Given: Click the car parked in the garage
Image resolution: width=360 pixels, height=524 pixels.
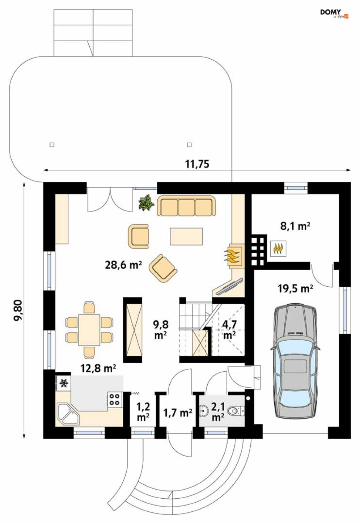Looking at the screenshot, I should pos(295,362).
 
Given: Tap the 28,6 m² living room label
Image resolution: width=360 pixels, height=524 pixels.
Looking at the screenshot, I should pos(123,265).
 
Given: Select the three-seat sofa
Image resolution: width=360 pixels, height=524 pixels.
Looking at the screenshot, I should pos(186,206).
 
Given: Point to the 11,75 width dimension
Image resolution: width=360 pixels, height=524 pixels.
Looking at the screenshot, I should pos(197,164).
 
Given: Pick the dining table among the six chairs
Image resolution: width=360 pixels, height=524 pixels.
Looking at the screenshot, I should pos(89,330).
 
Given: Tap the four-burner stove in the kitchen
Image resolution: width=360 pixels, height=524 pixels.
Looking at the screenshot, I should pos(115,399).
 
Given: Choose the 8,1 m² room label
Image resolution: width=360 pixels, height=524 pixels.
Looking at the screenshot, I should pos(295,226).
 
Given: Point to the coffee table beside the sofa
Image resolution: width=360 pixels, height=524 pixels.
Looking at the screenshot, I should pos(186,236).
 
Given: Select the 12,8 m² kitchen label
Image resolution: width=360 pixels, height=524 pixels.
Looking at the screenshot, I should pos(98,368).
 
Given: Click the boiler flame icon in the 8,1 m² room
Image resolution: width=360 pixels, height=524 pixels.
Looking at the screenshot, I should pos(278,249).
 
